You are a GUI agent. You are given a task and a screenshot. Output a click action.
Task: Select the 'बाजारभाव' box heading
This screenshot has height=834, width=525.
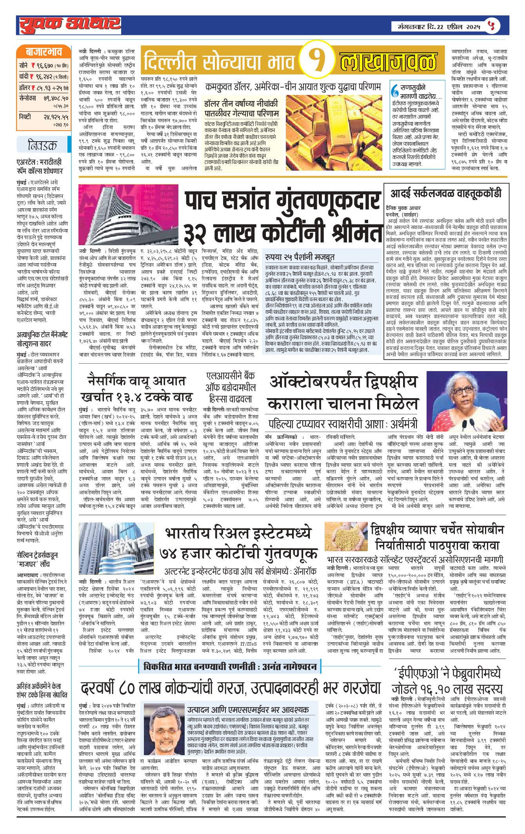point(44,52)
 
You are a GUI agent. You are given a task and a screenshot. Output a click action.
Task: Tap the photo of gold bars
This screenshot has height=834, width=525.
point(333,132)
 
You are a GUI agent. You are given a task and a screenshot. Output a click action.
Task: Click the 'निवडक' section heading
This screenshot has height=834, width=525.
point(42,146)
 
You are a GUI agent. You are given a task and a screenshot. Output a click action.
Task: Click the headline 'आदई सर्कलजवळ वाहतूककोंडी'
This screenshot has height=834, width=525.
point(446,193)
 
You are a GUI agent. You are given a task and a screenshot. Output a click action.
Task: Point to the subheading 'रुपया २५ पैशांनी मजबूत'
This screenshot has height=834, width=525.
point(300,257)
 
